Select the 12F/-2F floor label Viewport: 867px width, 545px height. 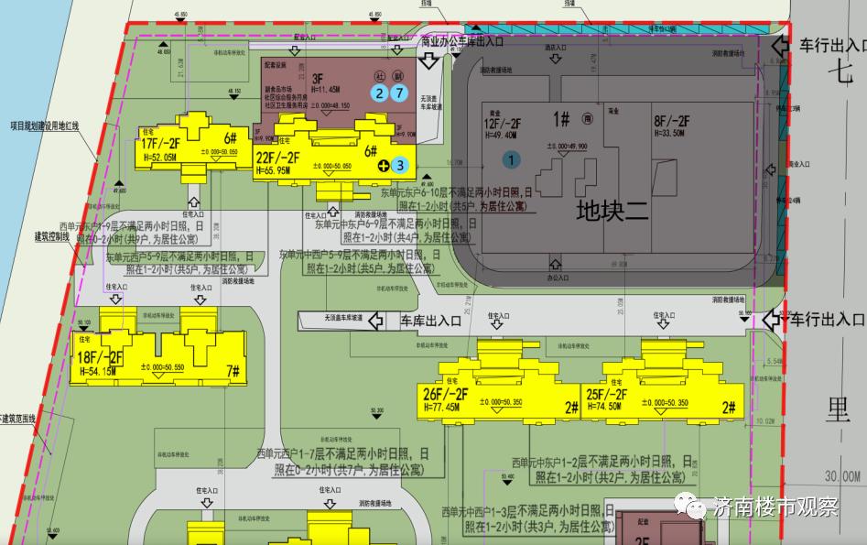point(503,124)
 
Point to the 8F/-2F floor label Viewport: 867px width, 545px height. point(671,122)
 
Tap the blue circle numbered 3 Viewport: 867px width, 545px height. point(399,166)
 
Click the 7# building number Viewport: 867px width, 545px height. point(233,371)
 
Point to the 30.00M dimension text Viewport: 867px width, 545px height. point(840,475)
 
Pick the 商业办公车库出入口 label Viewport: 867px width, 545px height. point(462,41)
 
